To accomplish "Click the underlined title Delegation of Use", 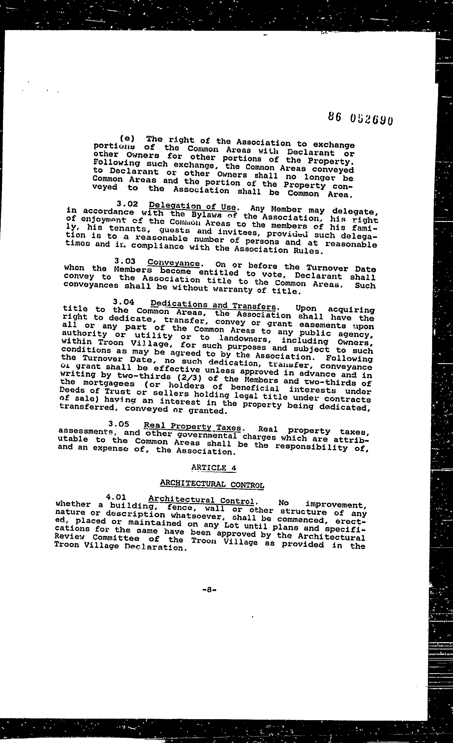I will pos(192,207).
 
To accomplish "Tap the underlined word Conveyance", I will pos(173,263).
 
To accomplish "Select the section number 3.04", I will pos(123,301).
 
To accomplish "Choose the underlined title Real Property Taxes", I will pos(192,427).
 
